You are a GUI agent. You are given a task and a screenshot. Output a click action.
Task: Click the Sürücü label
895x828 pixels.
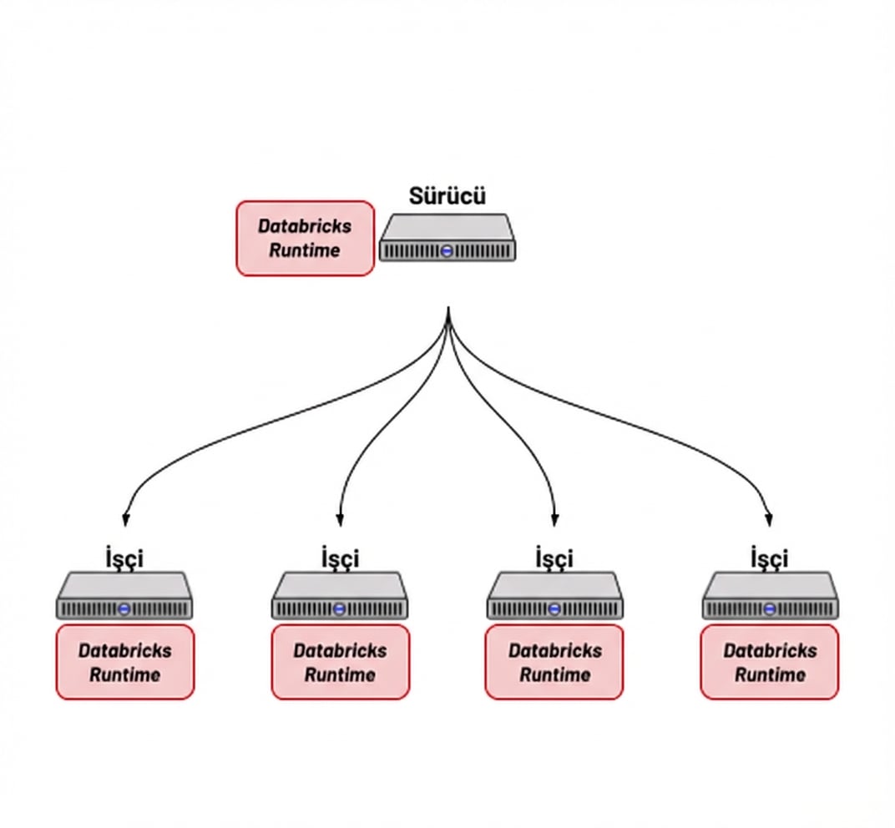tap(447, 196)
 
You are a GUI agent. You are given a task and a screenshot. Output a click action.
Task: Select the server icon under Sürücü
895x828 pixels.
tap(447, 238)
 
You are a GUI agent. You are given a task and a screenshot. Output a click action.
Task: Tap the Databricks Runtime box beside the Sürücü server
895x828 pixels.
tap(305, 238)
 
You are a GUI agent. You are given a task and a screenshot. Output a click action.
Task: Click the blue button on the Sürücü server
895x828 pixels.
tap(447, 250)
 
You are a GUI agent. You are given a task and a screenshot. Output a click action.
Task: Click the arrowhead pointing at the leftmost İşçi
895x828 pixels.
tap(125, 518)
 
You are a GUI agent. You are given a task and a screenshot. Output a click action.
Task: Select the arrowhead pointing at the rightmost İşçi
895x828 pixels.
tap(769, 518)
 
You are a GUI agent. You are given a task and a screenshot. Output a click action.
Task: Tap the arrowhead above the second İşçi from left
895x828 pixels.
tap(340, 518)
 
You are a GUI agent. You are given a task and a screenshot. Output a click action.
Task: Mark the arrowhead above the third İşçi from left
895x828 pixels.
tap(555, 518)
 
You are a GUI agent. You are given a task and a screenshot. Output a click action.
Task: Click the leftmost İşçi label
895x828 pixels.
tap(124, 557)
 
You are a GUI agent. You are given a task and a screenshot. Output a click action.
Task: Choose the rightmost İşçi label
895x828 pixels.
tap(770, 557)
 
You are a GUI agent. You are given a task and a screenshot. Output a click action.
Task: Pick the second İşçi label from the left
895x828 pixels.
tap(340, 557)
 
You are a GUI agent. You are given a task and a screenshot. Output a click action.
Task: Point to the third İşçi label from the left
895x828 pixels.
tap(554, 557)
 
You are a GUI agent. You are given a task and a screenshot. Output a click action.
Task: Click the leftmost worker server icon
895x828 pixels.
tap(124, 596)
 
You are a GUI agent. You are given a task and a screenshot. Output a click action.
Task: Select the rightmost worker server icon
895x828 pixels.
tap(770, 596)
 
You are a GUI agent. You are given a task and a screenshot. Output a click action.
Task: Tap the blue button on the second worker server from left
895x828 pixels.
tap(340, 609)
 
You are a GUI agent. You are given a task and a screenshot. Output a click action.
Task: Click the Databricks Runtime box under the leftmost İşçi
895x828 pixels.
tap(125, 662)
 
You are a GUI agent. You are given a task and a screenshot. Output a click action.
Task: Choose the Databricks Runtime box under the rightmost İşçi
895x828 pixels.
tap(770, 662)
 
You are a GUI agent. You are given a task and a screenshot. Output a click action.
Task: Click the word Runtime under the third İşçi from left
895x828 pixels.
tap(554, 674)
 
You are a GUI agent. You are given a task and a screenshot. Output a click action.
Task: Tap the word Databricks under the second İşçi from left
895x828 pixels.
tap(340, 650)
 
